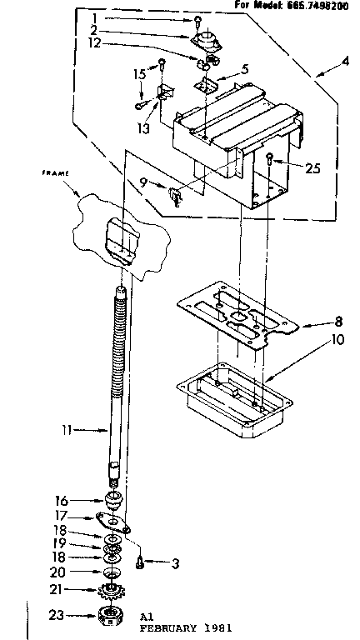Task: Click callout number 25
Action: click(312, 168)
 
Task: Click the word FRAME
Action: click(54, 173)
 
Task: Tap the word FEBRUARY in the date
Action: click(167, 626)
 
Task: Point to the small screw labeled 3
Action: click(142, 562)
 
